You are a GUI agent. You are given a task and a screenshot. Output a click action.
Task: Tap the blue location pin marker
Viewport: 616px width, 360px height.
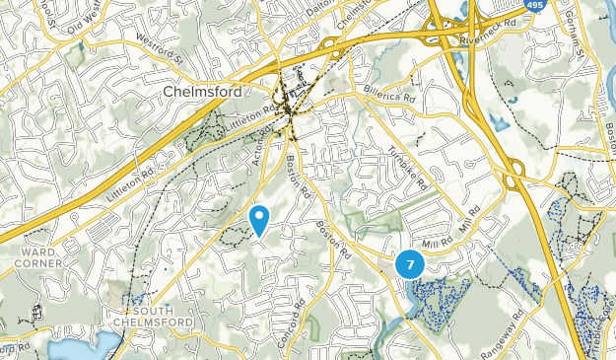[x=260, y=218]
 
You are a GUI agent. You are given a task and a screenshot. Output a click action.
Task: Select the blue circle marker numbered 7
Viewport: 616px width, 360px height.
[x=410, y=264]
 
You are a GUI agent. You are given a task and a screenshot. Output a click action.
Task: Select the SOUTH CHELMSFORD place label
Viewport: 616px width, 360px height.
[x=144, y=317]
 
